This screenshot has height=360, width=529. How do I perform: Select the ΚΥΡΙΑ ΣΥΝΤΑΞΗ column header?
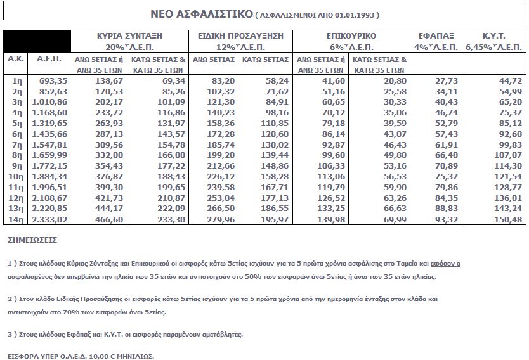pos(126,36)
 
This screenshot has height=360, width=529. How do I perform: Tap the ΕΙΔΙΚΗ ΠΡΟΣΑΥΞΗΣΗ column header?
pos(240,36)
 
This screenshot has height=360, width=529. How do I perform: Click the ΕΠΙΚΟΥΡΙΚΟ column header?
pos(351,36)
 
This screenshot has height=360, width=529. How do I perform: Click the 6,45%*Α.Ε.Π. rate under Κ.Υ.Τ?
pos(493,48)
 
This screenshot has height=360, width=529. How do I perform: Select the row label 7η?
pos(18,145)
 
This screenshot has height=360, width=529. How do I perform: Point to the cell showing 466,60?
pos(108,220)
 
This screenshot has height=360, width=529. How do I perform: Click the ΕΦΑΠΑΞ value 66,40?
pos(447,155)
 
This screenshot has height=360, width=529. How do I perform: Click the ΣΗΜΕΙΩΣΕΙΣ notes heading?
pos(32,240)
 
